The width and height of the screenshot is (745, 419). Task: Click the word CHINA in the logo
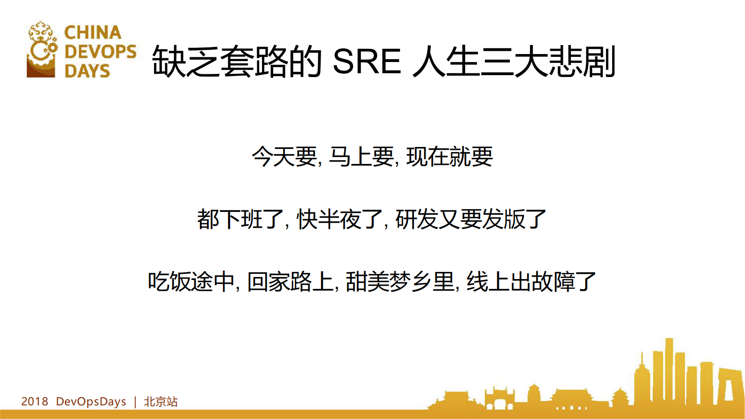click(x=92, y=32)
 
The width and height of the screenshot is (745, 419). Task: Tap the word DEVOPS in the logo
click(x=100, y=52)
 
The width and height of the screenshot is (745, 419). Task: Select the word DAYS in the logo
click(x=87, y=71)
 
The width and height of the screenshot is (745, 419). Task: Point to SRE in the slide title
click(x=367, y=62)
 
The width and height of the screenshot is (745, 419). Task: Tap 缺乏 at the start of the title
click(x=186, y=62)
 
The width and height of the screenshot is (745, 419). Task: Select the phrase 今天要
click(x=284, y=156)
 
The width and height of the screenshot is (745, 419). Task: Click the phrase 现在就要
click(x=449, y=156)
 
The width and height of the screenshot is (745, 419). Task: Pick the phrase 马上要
click(x=361, y=156)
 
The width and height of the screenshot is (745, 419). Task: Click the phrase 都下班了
click(x=240, y=219)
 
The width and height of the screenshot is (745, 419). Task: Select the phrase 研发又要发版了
click(x=471, y=219)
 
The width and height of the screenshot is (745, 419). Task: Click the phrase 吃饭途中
click(x=191, y=282)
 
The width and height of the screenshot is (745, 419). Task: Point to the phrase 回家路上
click(x=290, y=282)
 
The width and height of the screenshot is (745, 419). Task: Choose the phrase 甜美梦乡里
click(x=400, y=282)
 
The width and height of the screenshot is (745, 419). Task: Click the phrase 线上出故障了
click(x=531, y=282)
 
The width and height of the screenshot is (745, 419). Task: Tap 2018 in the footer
click(x=35, y=402)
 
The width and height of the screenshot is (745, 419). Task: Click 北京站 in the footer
click(x=161, y=402)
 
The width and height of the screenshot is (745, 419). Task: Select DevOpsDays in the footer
click(x=91, y=402)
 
